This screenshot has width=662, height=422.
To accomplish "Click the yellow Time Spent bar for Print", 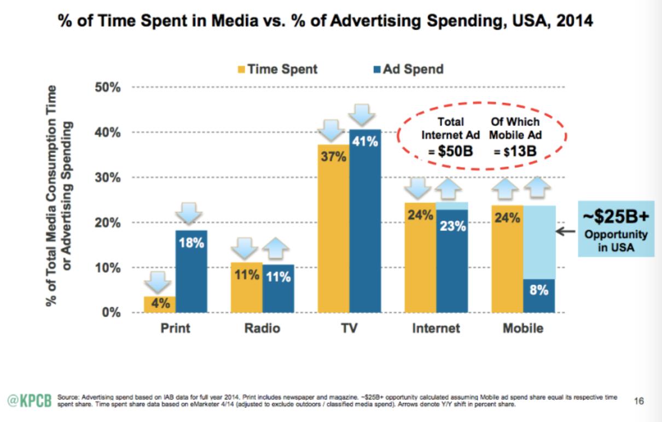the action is [x=160, y=304].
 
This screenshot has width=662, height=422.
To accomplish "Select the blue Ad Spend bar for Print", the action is [x=191, y=271].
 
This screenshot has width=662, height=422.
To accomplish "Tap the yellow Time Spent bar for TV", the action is [x=334, y=228].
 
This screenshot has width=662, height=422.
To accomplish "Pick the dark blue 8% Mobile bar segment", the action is [x=539, y=296].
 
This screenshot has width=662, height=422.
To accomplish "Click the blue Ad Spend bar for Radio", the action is [x=278, y=288].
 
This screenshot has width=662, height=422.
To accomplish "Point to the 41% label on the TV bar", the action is [x=365, y=142].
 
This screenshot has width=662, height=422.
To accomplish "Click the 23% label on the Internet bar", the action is [x=453, y=226].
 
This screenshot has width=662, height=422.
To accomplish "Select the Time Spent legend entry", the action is [x=277, y=69].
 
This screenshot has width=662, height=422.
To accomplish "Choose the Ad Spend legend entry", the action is [x=409, y=69].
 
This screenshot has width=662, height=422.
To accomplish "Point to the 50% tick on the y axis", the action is [x=108, y=87].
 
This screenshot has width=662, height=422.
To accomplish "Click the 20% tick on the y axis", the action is [x=108, y=222].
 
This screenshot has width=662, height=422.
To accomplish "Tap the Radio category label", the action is [x=262, y=329].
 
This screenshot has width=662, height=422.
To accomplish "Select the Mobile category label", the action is [x=523, y=329].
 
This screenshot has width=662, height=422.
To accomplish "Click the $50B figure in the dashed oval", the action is [x=455, y=151].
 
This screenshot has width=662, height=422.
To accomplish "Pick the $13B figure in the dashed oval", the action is [x=520, y=151].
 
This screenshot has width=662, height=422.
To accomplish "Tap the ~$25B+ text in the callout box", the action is [x=616, y=216].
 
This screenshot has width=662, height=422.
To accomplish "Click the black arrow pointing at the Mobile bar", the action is [x=566, y=232].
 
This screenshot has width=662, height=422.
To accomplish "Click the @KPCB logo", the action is [x=30, y=401].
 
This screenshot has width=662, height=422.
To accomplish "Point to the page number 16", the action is [x=639, y=401].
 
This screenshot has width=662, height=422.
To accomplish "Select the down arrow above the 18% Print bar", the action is [x=189, y=213].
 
